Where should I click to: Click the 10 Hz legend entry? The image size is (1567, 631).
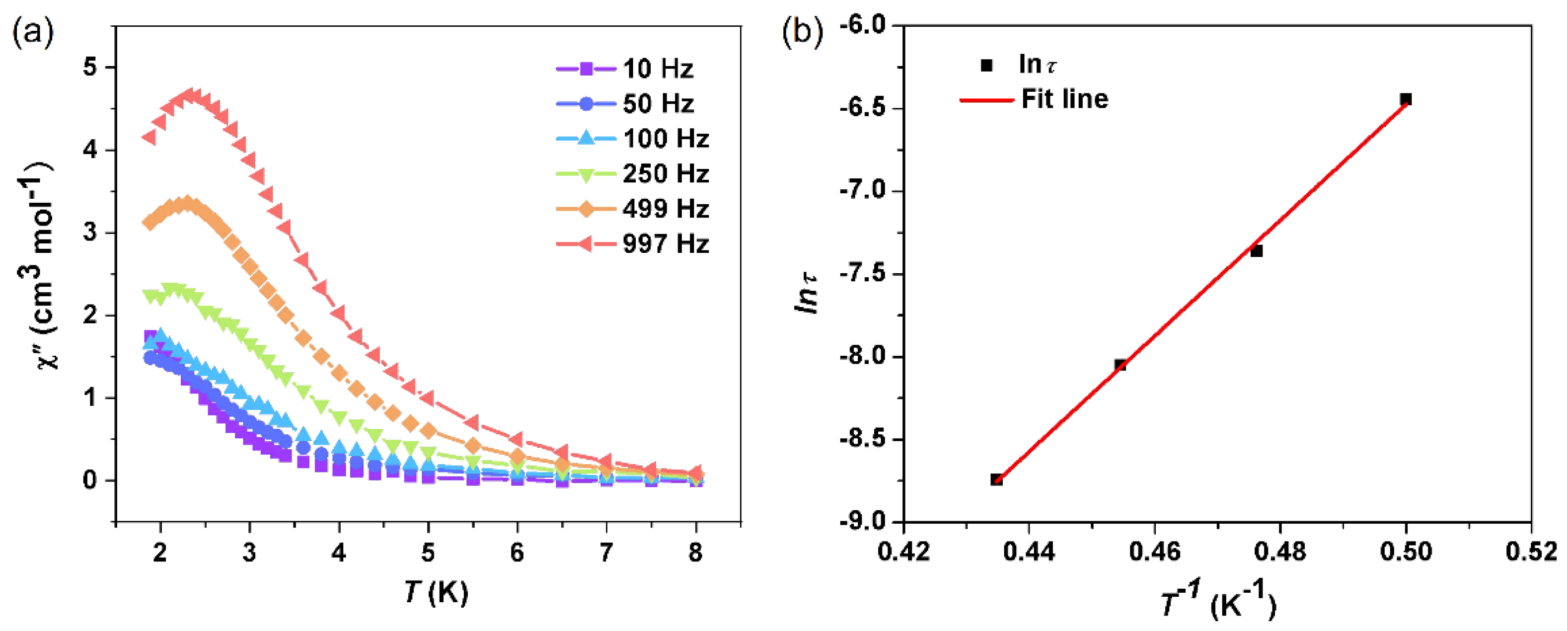(x=657, y=69)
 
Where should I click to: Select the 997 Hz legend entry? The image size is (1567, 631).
(x=665, y=244)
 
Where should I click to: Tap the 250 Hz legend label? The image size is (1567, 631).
(x=666, y=174)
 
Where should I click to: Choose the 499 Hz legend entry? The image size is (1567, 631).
(x=665, y=209)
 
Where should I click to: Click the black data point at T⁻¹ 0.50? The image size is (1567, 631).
(x=1405, y=99)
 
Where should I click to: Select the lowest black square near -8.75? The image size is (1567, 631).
(x=996, y=479)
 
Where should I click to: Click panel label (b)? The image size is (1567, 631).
(x=802, y=32)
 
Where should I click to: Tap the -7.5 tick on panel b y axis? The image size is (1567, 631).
(x=864, y=274)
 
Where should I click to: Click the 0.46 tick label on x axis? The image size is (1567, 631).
(x=1154, y=552)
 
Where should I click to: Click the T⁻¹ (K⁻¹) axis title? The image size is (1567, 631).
(x=1217, y=602)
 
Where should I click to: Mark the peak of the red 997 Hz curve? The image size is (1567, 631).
(x=193, y=95)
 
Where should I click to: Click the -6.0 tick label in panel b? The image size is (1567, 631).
(x=864, y=25)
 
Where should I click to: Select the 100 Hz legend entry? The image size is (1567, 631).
(x=665, y=139)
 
